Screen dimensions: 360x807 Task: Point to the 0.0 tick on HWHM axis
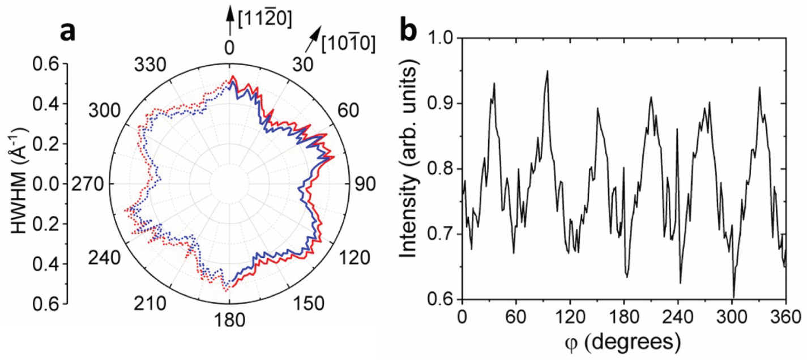tap(45, 185)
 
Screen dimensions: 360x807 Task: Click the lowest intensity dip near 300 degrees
tap(734, 297)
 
